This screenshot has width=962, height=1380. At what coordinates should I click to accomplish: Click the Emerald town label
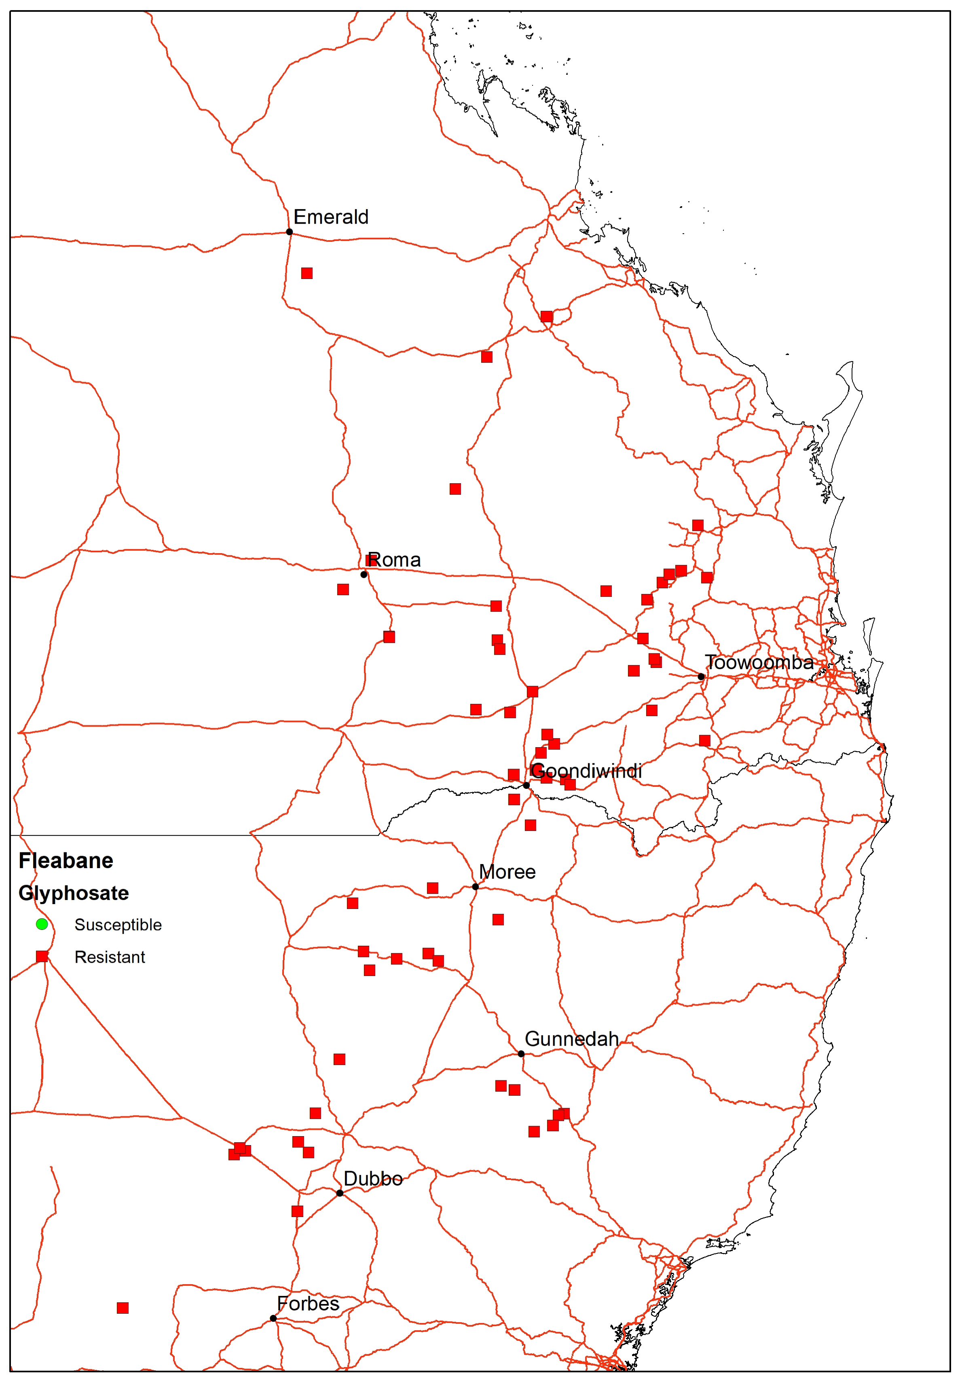[331, 217]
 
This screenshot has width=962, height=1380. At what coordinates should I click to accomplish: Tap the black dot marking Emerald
[289, 232]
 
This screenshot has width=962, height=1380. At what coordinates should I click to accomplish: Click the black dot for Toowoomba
[701, 677]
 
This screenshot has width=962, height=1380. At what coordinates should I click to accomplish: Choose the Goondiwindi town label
[586, 771]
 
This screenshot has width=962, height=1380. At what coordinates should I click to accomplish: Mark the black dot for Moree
[475, 887]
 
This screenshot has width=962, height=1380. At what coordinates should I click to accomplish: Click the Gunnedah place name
[571, 1039]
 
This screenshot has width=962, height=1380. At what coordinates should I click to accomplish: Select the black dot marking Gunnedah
[521, 1054]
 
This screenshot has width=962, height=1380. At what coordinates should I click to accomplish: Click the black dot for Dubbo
[340, 1193]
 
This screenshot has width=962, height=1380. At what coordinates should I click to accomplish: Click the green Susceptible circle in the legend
[42, 924]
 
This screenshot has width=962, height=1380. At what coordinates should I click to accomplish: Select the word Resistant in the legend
[110, 957]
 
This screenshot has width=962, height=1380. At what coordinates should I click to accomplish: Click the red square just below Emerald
[307, 273]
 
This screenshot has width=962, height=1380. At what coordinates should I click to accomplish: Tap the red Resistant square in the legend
[42, 956]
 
